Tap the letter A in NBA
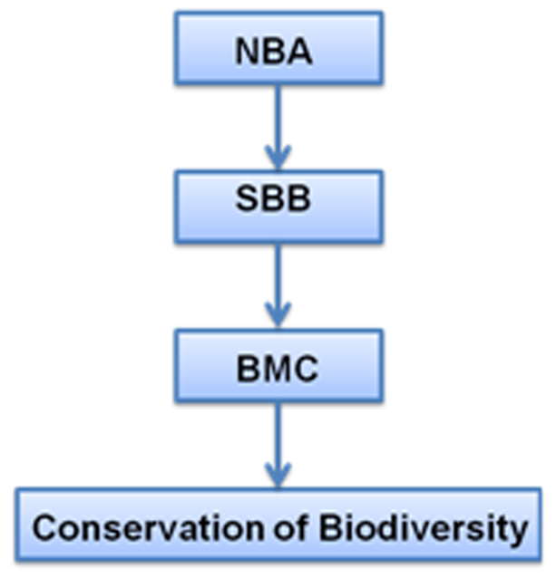(x=301, y=53)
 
